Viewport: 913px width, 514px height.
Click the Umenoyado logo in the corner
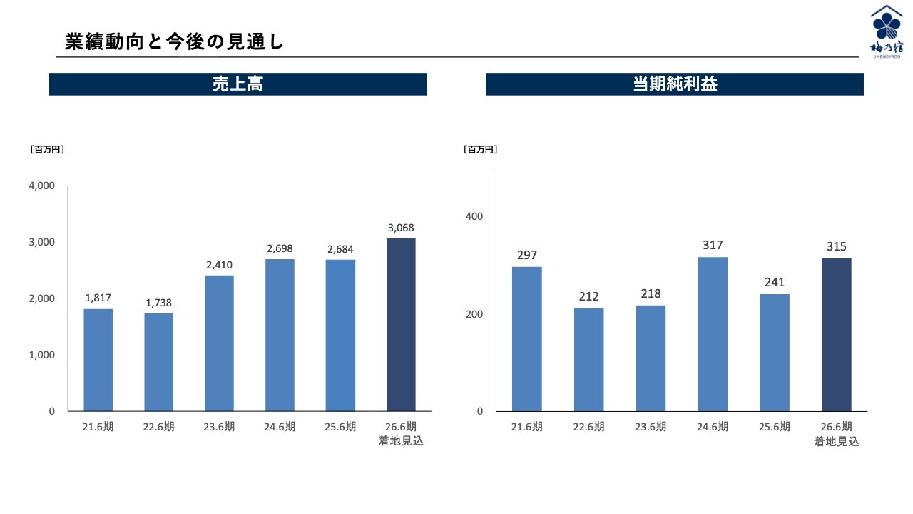887,31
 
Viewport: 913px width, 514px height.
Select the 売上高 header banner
238,84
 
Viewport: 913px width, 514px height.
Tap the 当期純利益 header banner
674,84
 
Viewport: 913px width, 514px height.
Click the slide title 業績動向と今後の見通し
175,42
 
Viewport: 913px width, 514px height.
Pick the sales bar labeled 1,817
98,360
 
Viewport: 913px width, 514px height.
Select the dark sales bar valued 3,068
401,325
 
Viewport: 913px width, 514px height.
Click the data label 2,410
220,265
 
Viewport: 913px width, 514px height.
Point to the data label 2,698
280,248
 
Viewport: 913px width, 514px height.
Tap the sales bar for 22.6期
158,362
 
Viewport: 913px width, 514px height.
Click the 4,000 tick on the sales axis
42,186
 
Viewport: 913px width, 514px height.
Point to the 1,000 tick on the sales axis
42,355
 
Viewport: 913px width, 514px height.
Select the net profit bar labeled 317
713,334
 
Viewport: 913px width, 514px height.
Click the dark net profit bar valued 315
836,334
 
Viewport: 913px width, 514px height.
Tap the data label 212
589,296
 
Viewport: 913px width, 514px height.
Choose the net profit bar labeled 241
775,353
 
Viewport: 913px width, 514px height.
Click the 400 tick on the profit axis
475,216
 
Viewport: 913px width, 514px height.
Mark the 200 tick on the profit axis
475,314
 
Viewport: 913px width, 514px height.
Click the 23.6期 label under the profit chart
651,427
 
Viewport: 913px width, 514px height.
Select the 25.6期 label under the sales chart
340,427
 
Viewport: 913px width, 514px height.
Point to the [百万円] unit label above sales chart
47,150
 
